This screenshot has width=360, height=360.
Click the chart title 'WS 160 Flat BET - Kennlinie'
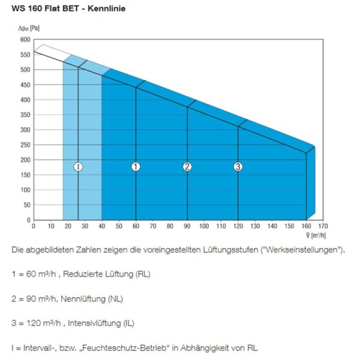click(68, 8)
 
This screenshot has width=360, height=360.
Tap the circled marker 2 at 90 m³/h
click(187, 167)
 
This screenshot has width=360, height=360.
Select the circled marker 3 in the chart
click(238, 167)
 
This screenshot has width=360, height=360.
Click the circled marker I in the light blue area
click(78, 167)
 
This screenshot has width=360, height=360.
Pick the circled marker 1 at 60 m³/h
click(136, 167)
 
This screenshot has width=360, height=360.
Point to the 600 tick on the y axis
click(25, 40)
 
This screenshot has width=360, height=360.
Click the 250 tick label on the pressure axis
click(25, 145)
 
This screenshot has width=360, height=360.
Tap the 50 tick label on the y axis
click(27, 205)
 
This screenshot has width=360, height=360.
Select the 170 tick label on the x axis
click(323, 226)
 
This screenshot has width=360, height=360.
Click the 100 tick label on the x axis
click(204, 226)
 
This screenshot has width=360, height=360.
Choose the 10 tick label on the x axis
click(51, 226)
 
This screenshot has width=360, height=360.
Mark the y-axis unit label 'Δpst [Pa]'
click(29, 28)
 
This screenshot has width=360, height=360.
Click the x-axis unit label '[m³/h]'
click(319, 236)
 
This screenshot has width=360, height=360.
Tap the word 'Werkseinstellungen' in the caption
click(302, 250)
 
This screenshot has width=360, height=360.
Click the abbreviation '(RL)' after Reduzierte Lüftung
click(143, 274)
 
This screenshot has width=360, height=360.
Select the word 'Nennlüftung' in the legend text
click(83, 299)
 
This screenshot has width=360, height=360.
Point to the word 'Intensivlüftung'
click(94, 323)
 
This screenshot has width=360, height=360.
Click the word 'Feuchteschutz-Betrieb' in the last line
click(124, 348)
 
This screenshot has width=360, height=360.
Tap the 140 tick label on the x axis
click(272, 226)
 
